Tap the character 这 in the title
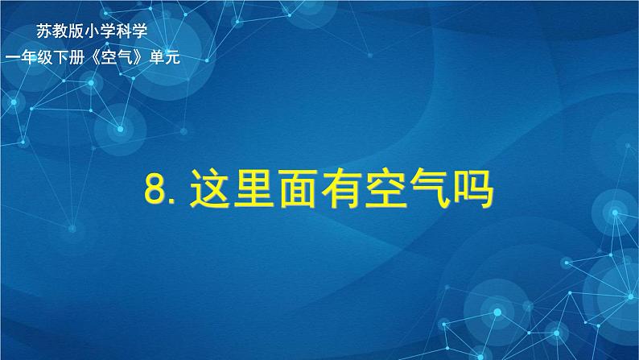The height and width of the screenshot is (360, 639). point(209,193)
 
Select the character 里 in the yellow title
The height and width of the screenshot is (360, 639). point(258,193)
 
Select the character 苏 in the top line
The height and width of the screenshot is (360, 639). point(43,32)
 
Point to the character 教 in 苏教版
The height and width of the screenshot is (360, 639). point(59,32)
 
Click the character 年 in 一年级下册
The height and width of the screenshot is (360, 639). point(28,56)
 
